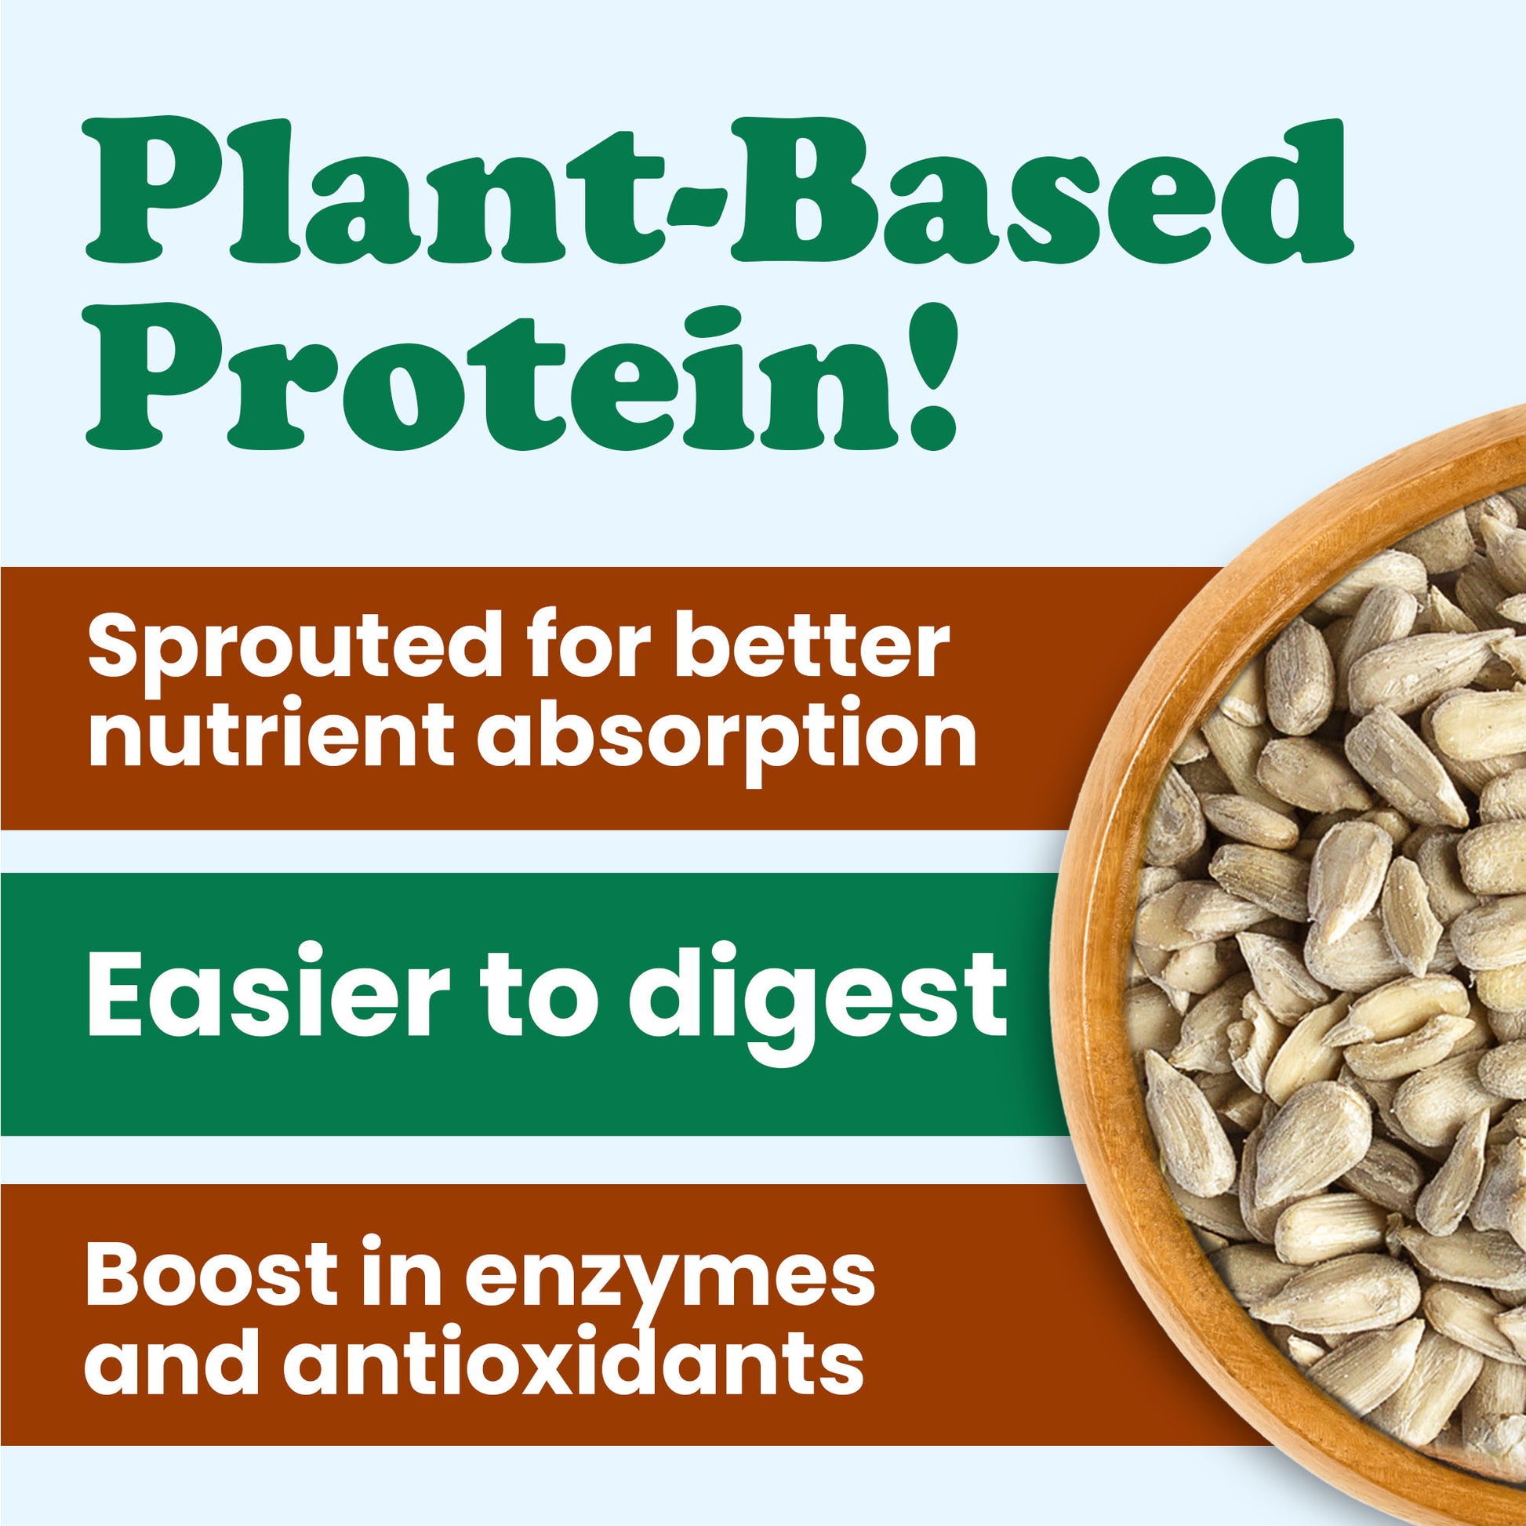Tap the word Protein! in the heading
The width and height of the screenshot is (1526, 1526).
pos(521,376)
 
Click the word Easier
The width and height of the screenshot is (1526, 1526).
pos(261,993)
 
